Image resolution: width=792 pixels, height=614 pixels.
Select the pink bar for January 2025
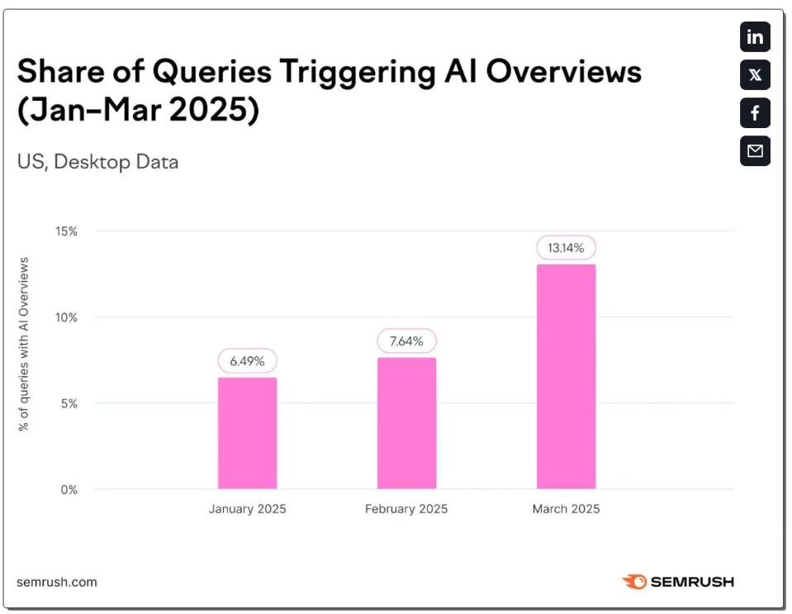point(247,433)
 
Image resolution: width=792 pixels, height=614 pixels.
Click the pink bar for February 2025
point(406,423)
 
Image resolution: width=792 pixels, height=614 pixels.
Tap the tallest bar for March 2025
point(566,377)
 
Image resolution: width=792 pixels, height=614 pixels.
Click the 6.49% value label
point(247,361)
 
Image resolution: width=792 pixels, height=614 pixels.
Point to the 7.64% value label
point(406,341)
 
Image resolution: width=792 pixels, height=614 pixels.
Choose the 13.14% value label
point(566,247)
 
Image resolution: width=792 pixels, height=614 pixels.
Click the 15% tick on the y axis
point(67,231)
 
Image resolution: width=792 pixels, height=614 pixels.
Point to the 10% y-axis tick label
point(67,317)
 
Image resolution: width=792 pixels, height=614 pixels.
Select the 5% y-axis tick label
point(69,403)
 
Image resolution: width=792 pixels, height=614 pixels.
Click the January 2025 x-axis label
point(247,509)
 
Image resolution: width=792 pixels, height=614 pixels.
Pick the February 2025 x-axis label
point(406,509)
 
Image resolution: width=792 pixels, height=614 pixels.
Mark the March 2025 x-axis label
point(566,509)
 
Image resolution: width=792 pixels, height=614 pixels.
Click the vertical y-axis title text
point(24,344)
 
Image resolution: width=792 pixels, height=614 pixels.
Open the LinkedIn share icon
point(755,37)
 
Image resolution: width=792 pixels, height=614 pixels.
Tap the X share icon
point(755,75)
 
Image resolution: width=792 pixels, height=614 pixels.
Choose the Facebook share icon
point(755,113)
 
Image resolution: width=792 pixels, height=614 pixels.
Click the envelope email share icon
point(755,151)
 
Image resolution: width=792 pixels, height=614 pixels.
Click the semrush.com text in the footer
point(56,582)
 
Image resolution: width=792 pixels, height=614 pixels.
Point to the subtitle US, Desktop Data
point(98,161)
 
